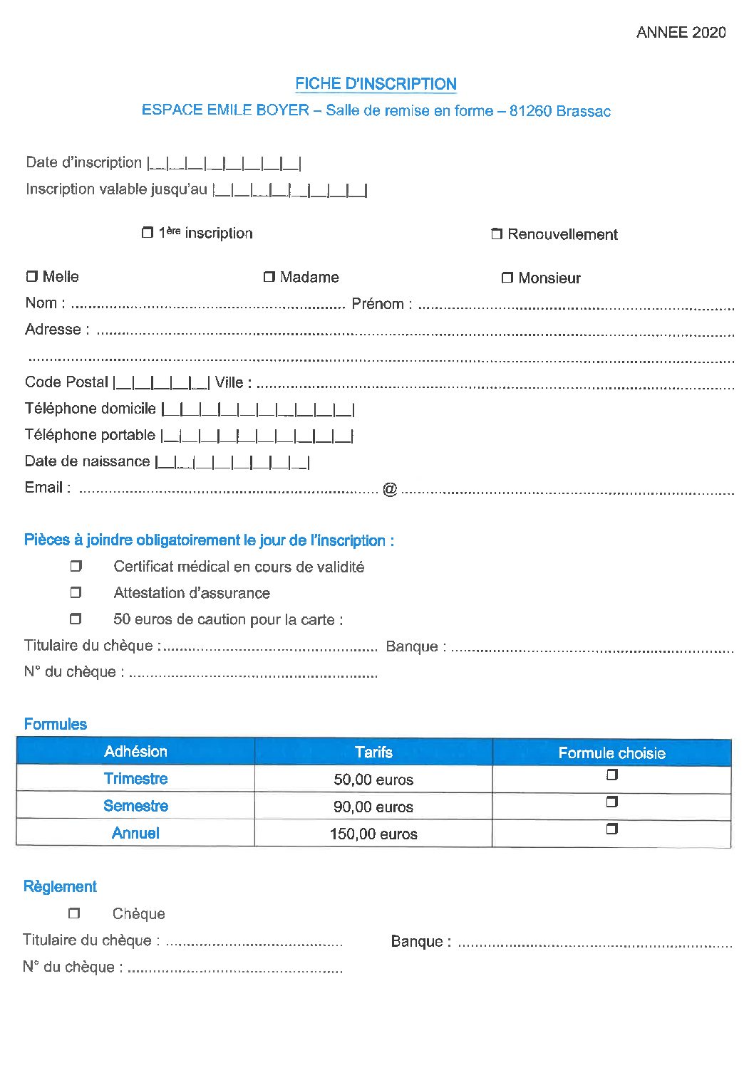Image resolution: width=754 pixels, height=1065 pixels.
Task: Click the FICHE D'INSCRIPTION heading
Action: coord(376,83)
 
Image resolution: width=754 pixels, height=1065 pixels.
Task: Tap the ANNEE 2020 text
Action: coord(681,32)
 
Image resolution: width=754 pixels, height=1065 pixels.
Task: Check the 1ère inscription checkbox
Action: coord(148,232)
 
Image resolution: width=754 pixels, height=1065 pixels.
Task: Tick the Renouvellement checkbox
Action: coord(497,234)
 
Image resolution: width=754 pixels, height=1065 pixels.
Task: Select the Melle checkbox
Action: coord(31,276)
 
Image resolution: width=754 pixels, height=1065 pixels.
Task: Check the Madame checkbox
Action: coord(269,276)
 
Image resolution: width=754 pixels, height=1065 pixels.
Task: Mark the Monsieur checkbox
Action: coord(507,278)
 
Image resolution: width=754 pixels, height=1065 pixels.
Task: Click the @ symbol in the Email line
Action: coord(390,489)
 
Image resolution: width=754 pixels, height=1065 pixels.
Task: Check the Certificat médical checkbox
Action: coord(76,566)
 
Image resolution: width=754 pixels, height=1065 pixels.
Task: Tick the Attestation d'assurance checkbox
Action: coord(76,592)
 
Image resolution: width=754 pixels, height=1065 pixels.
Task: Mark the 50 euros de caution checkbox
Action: coord(76,619)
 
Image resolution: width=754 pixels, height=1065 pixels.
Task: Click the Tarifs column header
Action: coord(373,752)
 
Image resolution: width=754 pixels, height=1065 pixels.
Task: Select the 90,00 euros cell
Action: coord(373,807)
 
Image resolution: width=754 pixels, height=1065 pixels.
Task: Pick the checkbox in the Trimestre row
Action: coord(611,775)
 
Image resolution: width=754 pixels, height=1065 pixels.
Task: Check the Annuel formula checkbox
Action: coord(611,829)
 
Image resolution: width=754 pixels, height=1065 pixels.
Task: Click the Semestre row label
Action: coord(135,806)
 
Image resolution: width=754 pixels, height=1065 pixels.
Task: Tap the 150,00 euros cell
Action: coord(373,834)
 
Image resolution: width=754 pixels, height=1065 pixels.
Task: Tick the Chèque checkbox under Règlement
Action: coord(74,913)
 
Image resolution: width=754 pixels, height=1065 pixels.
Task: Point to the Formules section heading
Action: coord(55,724)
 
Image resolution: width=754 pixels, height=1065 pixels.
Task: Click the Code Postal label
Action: coord(66,382)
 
